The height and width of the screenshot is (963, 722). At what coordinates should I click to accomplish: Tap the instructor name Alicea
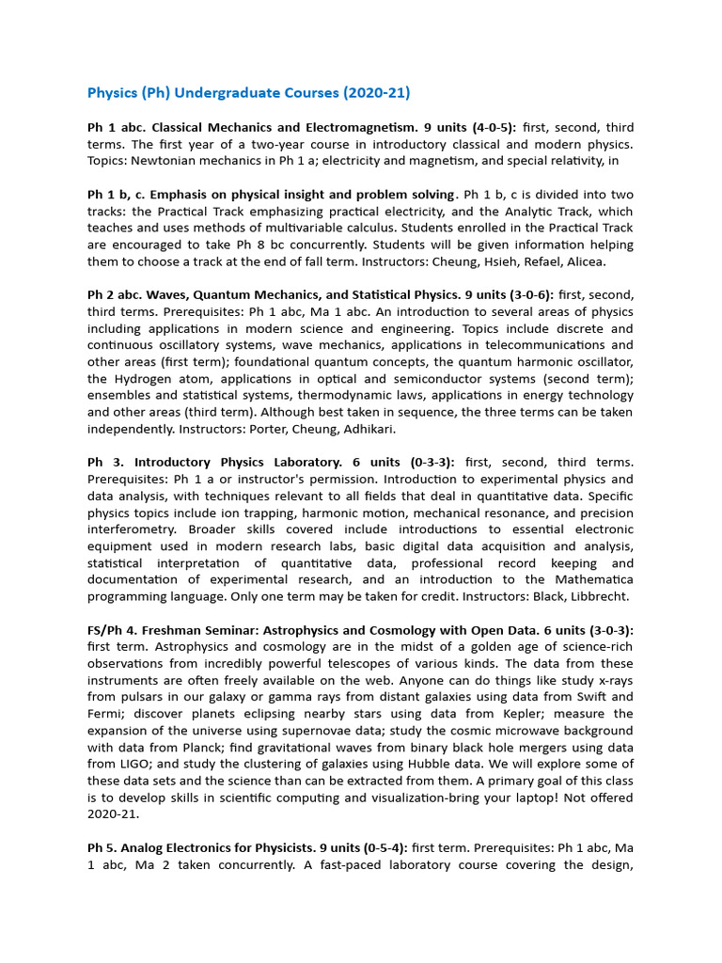tap(583, 261)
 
